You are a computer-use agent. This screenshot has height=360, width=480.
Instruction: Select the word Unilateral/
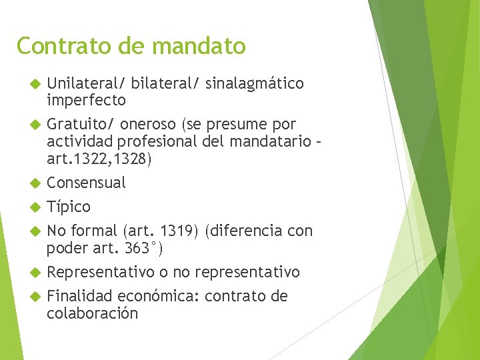86,83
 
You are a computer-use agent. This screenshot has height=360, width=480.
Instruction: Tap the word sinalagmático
255,83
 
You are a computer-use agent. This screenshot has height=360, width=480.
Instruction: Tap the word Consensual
86,183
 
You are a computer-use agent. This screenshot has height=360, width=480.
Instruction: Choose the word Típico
69,207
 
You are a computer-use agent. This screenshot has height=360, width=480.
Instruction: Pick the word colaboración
92,313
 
